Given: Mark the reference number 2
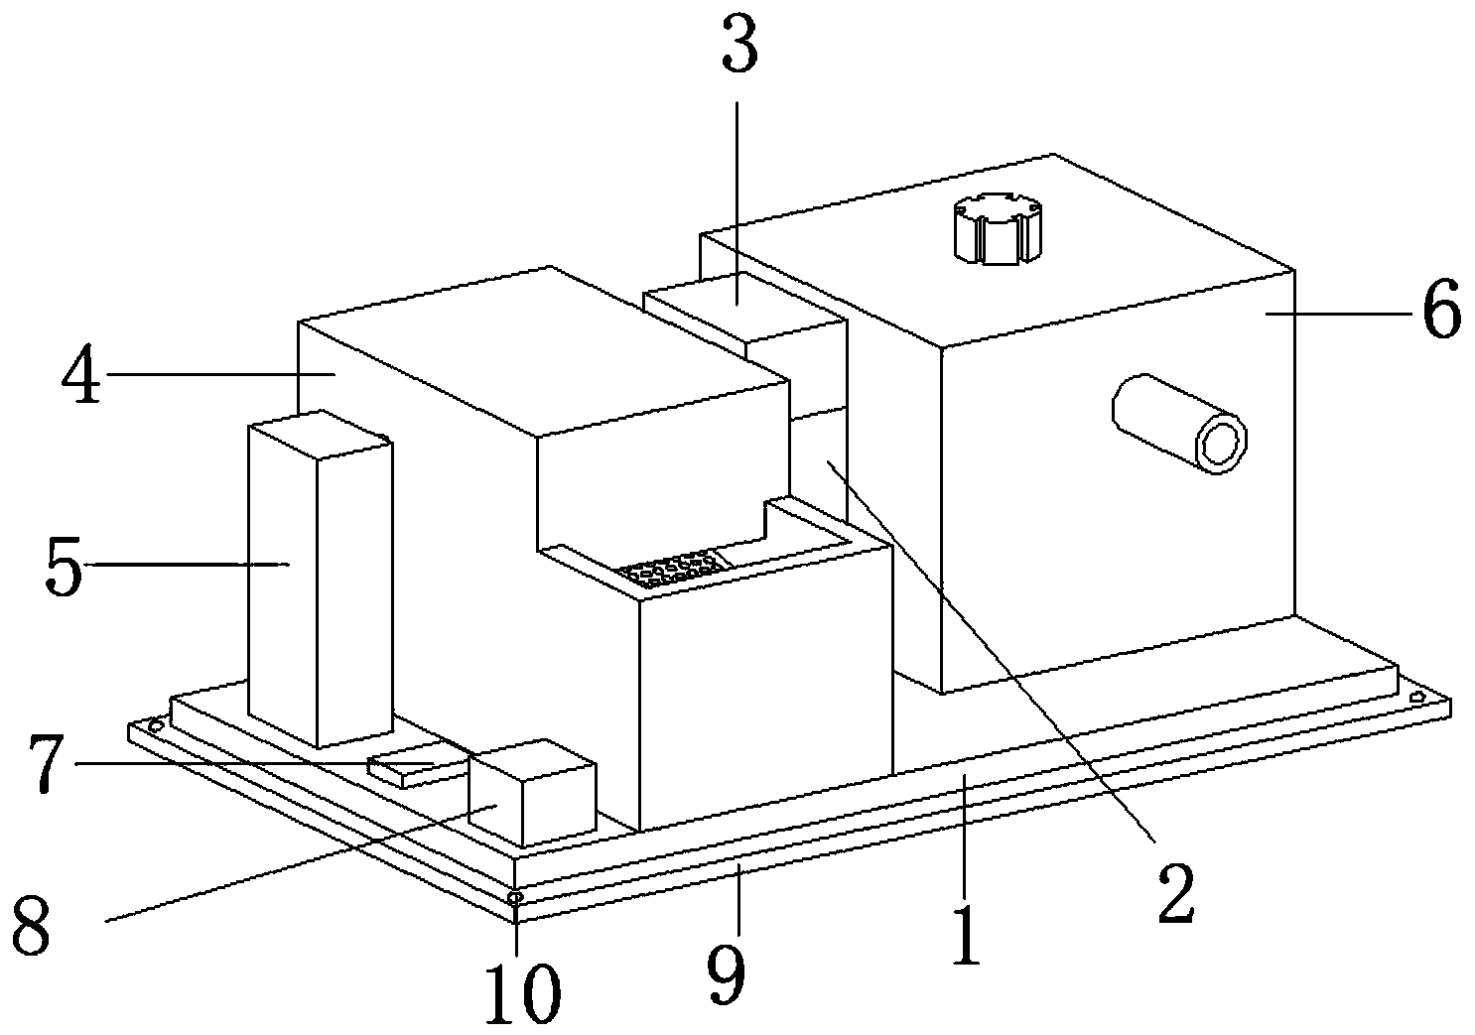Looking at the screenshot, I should coord(1176,891).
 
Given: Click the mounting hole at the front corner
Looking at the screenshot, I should coord(515,898).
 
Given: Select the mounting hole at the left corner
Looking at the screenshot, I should coord(155,726).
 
